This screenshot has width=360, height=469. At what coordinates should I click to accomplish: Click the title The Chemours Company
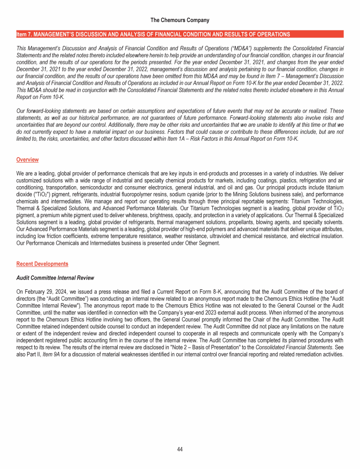(180, 20)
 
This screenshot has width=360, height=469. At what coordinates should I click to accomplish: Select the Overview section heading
(27, 160)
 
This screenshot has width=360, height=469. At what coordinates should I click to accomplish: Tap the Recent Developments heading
(42, 264)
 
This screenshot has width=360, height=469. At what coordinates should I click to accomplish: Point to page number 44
(180, 449)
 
